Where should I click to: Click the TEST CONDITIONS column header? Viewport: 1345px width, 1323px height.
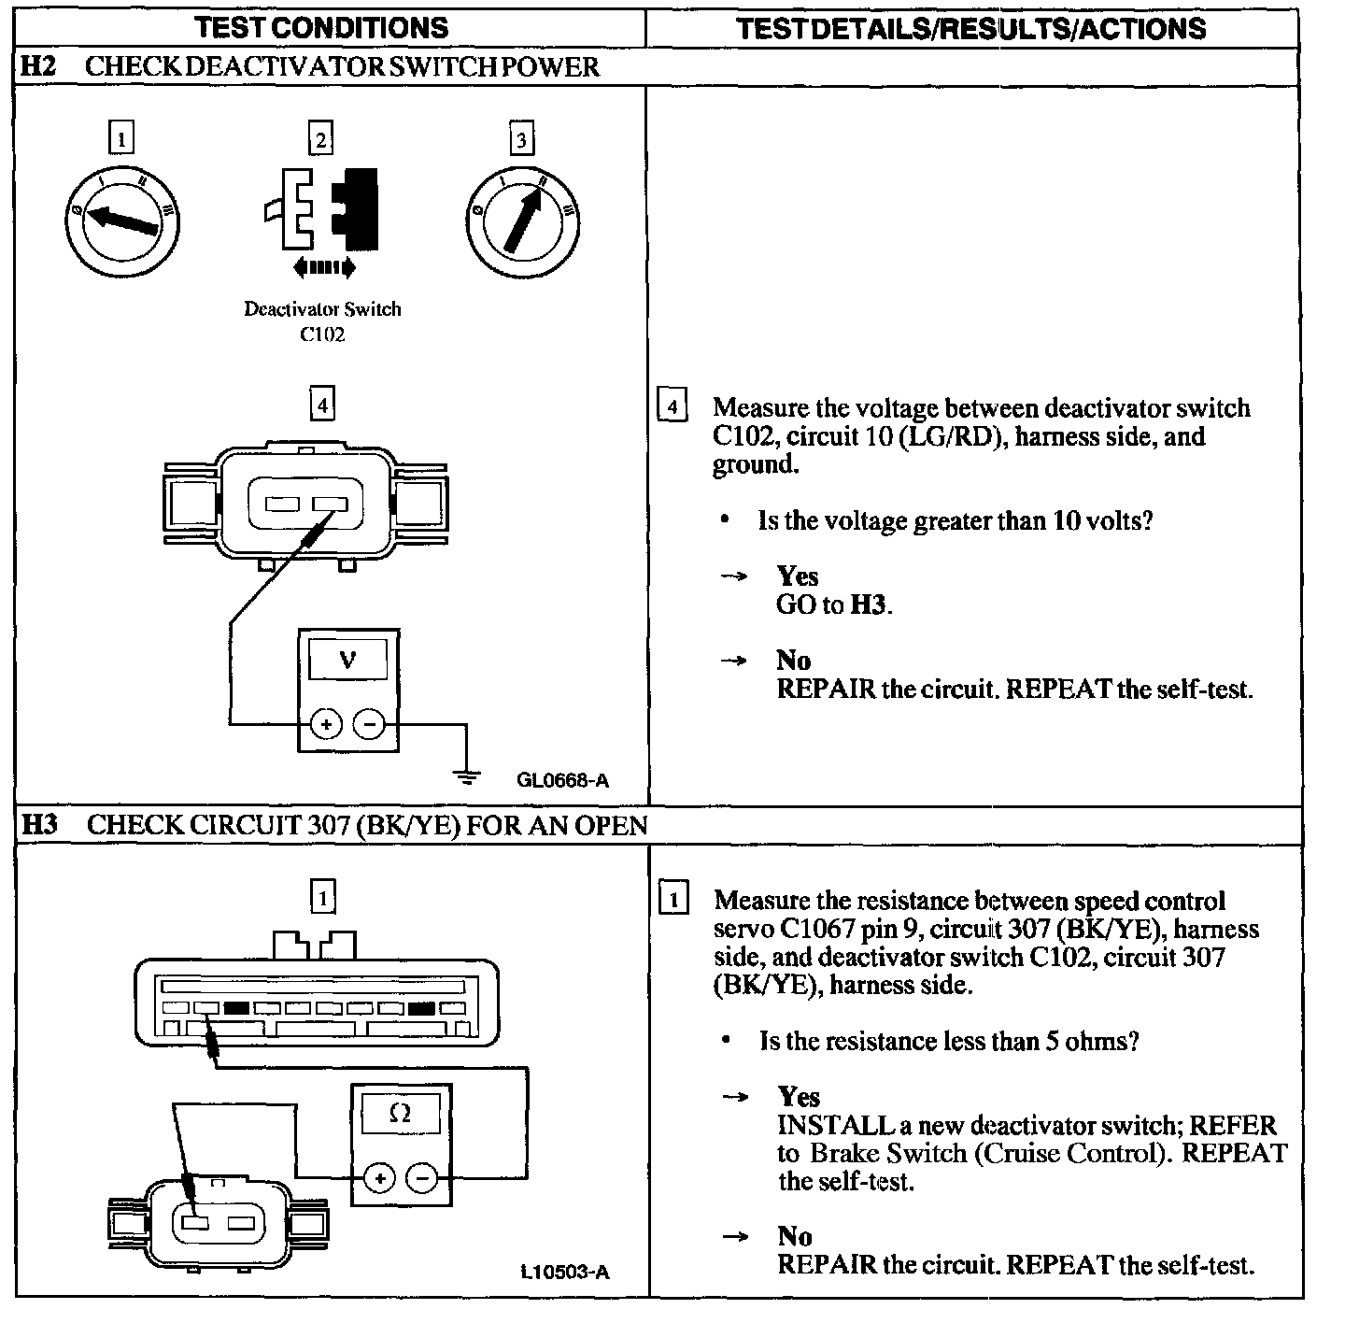[322, 27]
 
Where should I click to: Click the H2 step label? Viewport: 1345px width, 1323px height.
[37, 67]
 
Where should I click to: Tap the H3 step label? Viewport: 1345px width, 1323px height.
[39, 825]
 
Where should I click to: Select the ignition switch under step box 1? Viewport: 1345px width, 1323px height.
[121, 219]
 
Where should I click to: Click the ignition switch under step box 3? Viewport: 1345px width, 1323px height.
[522, 219]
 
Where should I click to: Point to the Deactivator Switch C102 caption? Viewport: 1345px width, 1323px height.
[322, 320]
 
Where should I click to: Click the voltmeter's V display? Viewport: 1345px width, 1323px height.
[347, 661]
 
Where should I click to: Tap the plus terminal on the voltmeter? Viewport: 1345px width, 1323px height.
[326, 723]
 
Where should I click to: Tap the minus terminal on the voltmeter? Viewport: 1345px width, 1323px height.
[371, 723]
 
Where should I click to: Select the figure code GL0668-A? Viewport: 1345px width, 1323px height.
[562, 780]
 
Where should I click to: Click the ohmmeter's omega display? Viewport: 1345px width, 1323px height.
[400, 1114]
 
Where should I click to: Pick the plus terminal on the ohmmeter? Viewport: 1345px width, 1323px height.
[379, 1178]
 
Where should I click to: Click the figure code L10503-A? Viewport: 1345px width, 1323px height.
[565, 1272]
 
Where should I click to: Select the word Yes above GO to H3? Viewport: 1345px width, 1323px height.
[797, 576]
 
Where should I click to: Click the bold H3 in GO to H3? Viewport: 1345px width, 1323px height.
[868, 605]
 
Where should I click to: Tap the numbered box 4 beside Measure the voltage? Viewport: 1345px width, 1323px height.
[672, 407]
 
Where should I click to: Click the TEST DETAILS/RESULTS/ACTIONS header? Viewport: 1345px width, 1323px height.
[971, 27]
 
